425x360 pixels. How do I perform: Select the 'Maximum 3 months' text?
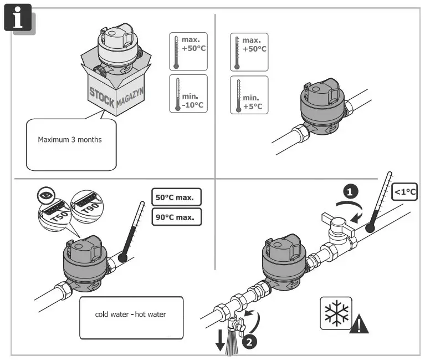70,140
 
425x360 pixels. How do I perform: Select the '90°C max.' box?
176,216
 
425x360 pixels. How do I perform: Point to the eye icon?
46,195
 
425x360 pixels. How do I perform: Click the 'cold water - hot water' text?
131,315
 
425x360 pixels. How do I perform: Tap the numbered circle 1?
348,191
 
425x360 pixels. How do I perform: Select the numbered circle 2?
250,342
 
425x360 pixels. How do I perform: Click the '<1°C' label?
404,192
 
